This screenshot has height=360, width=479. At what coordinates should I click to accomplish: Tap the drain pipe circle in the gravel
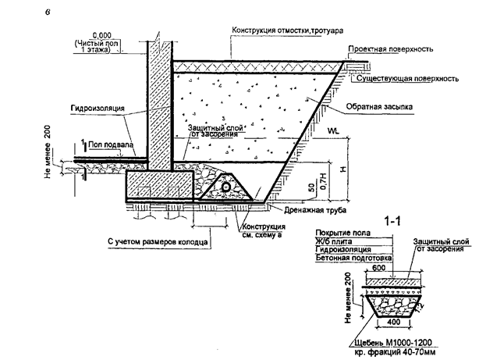pyautogui.click(x=226, y=188)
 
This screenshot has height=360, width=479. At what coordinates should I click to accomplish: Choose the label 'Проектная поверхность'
pyautogui.click(x=406, y=48)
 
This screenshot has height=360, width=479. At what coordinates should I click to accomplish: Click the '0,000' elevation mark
pyautogui.click(x=100, y=35)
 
